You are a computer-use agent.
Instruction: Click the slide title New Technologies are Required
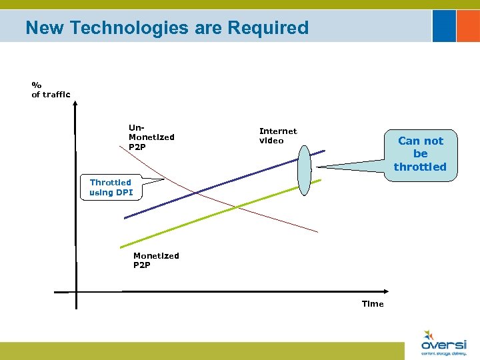[x=167, y=28]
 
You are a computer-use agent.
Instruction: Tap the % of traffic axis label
[x=51, y=90]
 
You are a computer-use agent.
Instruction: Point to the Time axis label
[x=373, y=304]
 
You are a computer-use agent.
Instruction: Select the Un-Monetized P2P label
[x=151, y=137]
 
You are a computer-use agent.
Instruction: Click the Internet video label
[x=277, y=136]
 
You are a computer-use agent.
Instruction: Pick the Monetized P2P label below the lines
[x=156, y=260]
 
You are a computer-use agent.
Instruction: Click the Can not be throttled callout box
[x=420, y=154]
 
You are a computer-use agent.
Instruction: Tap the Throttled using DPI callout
[x=111, y=187]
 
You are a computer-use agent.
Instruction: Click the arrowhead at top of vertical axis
[x=76, y=103]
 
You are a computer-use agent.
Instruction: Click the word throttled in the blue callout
[x=420, y=167]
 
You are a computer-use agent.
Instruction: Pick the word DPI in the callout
[x=124, y=193]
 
